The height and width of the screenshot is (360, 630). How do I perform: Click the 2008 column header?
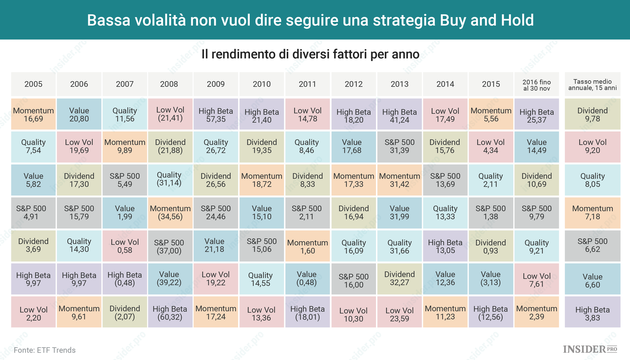[169, 84]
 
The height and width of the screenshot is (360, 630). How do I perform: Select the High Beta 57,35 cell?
[216, 114]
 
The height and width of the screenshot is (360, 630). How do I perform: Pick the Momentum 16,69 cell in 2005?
[33, 114]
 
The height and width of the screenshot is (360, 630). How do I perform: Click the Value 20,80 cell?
[79, 114]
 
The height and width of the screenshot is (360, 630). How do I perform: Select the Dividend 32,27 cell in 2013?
[400, 279]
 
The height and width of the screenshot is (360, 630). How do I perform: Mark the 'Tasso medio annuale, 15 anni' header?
[593, 84]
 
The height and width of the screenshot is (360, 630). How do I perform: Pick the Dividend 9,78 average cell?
[593, 114]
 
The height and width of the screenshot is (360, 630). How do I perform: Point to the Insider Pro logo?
[590, 349]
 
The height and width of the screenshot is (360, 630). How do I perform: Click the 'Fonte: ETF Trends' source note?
[44, 350]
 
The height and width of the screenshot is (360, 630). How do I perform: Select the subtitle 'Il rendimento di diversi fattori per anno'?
[310, 54]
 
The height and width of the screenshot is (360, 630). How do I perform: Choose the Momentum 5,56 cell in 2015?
[491, 114]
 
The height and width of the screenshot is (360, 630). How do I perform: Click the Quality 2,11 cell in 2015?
[491, 180]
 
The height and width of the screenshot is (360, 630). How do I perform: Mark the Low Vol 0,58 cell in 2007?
[125, 246]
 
